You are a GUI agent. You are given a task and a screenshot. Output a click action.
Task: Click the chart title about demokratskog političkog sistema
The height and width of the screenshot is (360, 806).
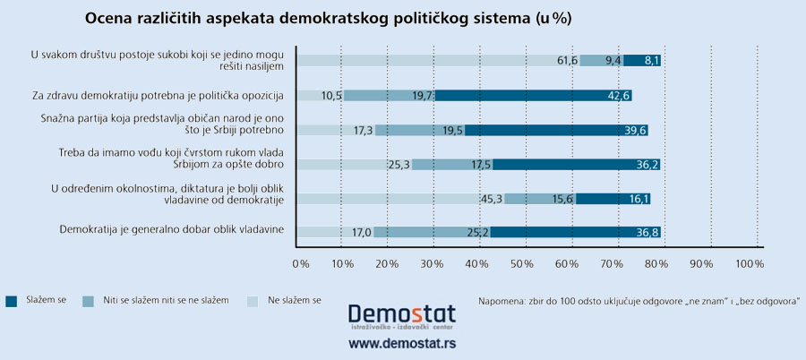328,18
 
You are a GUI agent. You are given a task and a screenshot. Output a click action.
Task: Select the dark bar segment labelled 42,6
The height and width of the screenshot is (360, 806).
533,96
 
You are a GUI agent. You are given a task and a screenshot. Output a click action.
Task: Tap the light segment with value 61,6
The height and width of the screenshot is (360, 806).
437,61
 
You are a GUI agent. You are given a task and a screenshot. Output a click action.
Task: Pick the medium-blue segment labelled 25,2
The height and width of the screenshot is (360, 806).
432,232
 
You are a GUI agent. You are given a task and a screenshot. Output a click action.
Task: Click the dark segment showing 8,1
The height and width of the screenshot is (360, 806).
642,61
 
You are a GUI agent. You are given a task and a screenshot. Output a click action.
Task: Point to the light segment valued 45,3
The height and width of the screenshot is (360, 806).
399,198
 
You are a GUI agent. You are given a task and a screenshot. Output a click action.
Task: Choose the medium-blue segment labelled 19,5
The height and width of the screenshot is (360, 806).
419,130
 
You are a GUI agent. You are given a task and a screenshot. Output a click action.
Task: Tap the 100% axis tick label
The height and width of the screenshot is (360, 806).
749,264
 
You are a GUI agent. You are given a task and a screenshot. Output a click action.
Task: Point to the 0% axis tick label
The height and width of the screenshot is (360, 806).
301,264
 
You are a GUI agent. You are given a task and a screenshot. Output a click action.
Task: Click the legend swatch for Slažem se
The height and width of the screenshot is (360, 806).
12,300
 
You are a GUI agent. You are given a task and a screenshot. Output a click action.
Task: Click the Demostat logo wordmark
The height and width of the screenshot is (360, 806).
401,315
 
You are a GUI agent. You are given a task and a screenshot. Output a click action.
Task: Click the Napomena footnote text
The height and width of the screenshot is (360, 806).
639,300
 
